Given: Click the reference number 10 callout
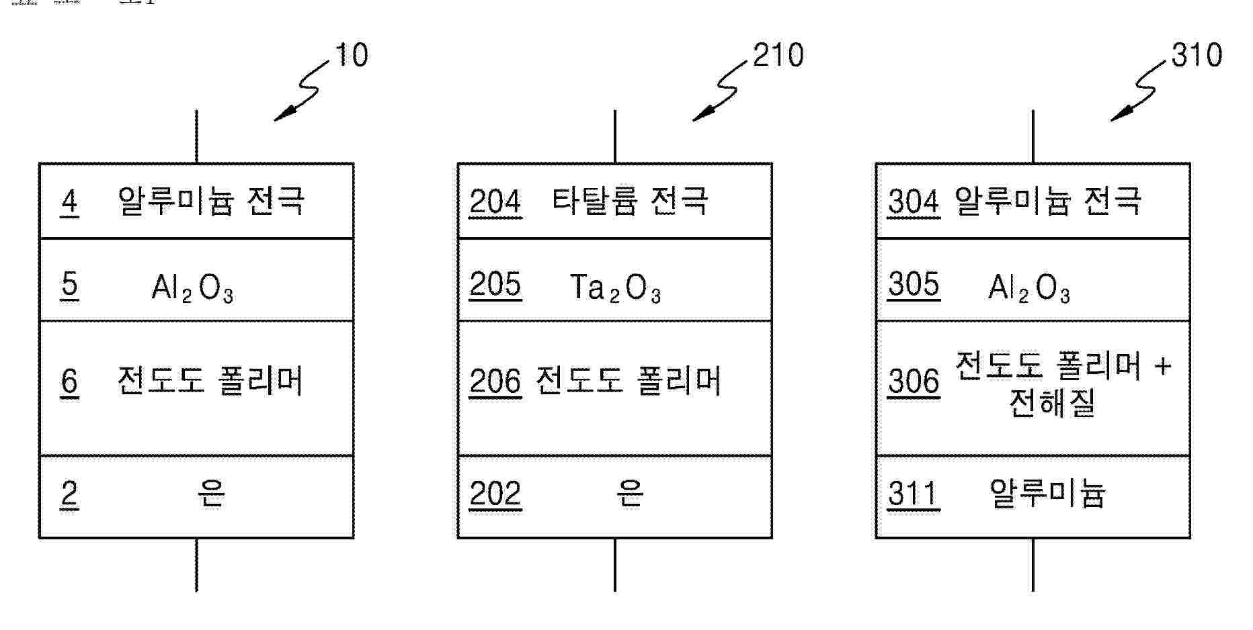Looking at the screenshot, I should pos(351,55).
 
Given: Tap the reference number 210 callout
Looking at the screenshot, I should pos(778,55).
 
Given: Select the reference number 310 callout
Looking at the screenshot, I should pos(1197,55).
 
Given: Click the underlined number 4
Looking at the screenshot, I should pos(69,201).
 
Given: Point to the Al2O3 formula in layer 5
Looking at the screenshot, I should pos(192,289).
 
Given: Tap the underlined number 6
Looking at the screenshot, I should pos(69,381).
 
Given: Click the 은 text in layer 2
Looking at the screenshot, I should pos(211,494).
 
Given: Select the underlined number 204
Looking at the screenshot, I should pos(495,201).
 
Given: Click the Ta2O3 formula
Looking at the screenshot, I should pos(615,289).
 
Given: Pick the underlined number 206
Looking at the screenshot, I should pos(495,381).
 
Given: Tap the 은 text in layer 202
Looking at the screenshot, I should pos(630,494).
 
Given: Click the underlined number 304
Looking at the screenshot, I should pos(913,201).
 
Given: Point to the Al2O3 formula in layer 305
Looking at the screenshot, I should pos(1028,289).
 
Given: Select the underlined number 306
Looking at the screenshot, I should pos(913,381).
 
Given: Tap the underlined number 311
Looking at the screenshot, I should pos(913,494).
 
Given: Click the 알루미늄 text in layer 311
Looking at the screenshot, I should pos(1047,494).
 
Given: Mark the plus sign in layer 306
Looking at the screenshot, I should pos(1162,367).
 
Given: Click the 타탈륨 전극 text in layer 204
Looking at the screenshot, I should pos(630,201).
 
